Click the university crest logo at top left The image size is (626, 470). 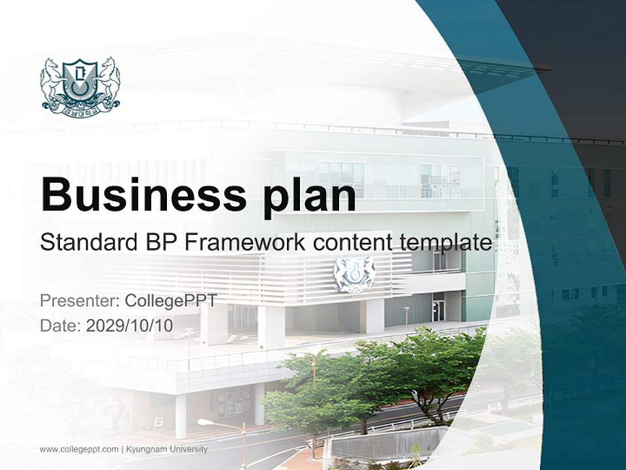80,84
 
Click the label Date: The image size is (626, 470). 61,326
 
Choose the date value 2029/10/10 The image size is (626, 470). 130,326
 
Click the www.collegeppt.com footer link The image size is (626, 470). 79,449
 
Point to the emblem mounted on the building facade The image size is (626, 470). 353,274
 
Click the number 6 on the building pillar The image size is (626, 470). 158,422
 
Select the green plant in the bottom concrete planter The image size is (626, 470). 415,454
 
